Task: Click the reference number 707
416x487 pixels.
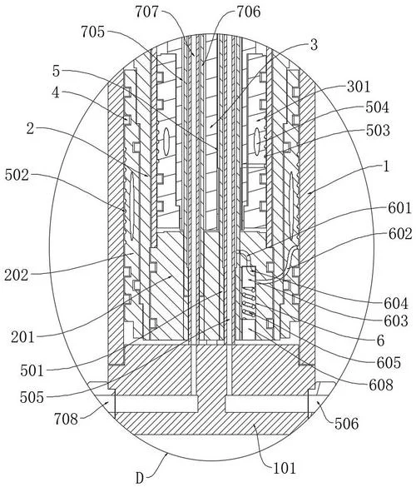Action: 146,12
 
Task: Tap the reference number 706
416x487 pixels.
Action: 249,12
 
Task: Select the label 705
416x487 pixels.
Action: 93,32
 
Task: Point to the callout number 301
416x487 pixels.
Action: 359,87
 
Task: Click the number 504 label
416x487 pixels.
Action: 377,107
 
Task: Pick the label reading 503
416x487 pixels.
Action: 378,130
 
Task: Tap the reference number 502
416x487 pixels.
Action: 17,176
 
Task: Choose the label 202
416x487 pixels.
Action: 16,276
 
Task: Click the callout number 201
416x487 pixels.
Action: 22,337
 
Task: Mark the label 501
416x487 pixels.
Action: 32,370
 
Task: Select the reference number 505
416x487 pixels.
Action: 32,397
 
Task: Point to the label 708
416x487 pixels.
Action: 66,419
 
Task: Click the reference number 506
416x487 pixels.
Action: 346,424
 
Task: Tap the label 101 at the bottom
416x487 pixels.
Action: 285,468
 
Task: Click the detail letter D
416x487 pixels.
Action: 140,478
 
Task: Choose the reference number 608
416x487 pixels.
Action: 380,385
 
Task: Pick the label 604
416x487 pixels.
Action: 396,304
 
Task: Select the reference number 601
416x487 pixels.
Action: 399,208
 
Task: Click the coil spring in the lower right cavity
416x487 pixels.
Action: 249,305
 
